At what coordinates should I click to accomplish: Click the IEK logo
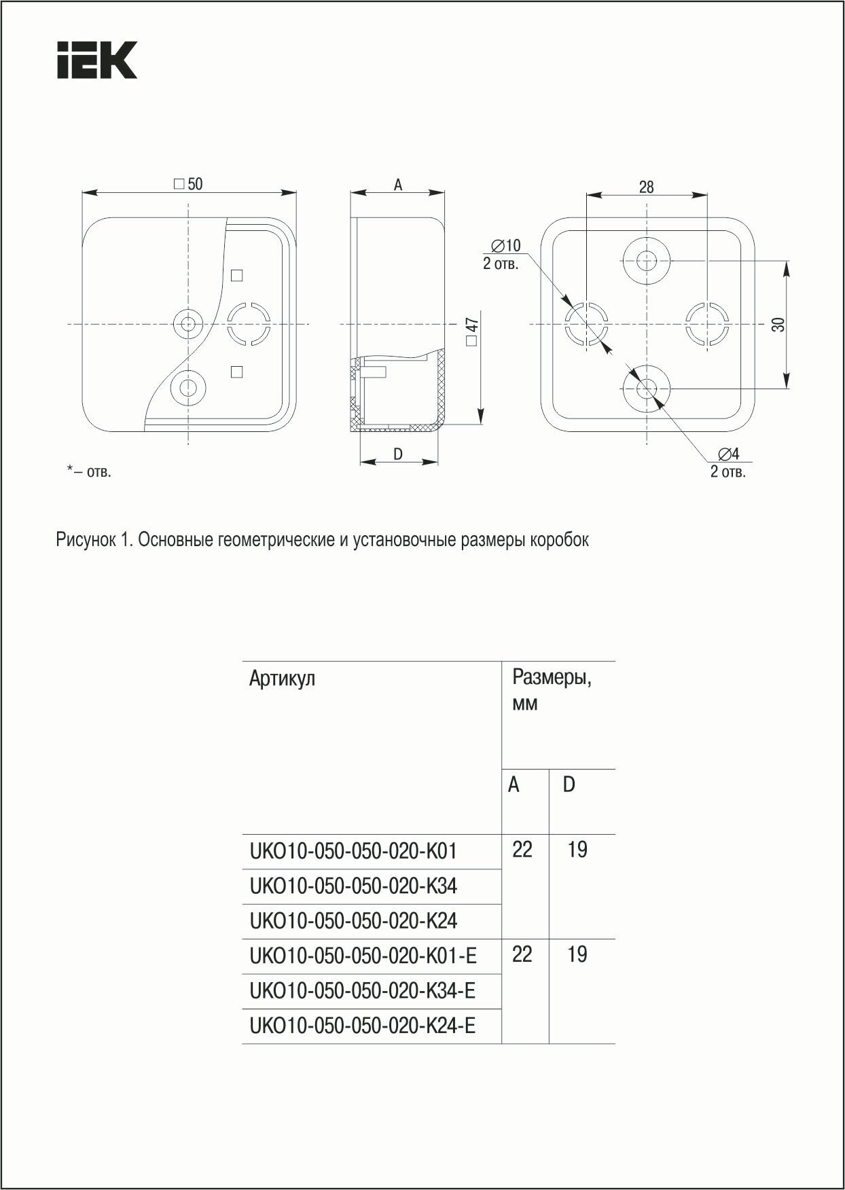(96, 60)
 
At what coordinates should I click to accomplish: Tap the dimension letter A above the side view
(398, 185)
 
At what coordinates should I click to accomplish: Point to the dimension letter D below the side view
(398, 454)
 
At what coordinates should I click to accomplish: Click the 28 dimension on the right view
(646, 187)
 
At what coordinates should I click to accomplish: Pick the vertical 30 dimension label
(779, 325)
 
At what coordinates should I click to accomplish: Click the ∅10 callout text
(505, 245)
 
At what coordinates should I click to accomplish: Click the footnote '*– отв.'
(88, 471)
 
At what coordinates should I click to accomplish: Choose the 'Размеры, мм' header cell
(552, 689)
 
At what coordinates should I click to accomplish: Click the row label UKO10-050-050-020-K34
(353, 886)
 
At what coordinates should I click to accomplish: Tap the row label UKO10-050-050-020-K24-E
(363, 1026)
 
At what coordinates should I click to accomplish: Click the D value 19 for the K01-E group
(577, 954)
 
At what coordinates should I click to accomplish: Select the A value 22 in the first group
(522, 850)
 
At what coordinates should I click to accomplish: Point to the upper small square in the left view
(237, 275)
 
